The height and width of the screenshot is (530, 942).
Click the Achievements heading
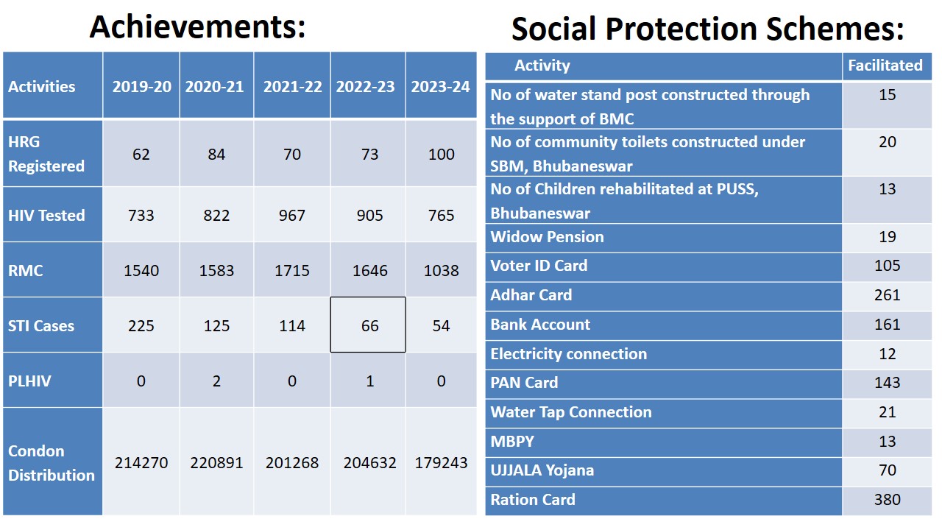click(197, 26)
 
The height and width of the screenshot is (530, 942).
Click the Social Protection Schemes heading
click(707, 29)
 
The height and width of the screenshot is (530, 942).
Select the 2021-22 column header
click(292, 86)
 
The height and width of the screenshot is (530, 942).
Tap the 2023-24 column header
click(440, 86)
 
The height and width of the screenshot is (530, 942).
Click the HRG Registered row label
click(46, 154)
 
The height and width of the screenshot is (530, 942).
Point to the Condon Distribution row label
click(52, 463)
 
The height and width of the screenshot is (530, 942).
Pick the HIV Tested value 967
click(292, 216)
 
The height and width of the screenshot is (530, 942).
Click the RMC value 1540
click(141, 271)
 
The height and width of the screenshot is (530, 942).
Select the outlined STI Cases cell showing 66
click(369, 325)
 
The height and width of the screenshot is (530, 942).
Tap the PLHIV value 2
click(216, 381)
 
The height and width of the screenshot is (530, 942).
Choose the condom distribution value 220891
click(216, 463)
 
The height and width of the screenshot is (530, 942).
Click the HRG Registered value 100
click(441, 155)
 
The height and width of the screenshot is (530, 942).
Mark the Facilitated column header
click(885, 66)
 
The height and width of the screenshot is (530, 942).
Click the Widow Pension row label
click(547, 237)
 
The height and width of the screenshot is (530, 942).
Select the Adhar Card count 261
click(887, 295)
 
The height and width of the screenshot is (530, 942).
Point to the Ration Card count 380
click(887, 500)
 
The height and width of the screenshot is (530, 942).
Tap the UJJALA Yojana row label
click(542, 470)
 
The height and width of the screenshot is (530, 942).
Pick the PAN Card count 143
click(887, 383)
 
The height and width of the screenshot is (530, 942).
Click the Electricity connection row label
click(569, 354)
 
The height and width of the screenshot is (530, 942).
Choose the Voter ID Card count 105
click(887, 266)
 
